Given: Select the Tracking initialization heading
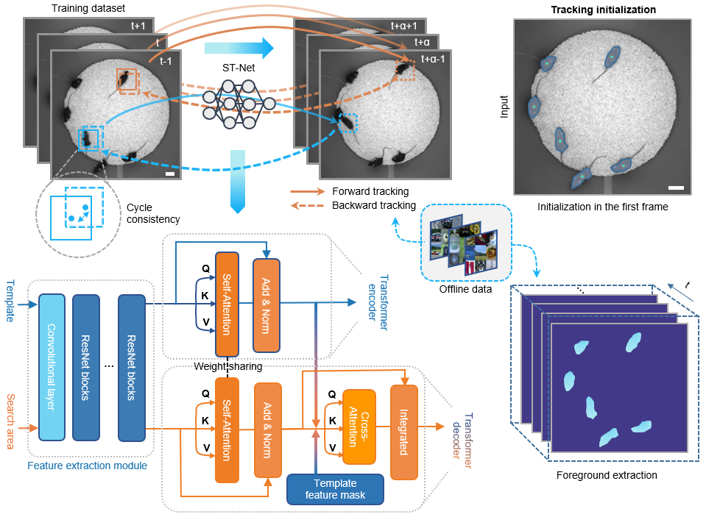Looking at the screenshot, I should [603, 10].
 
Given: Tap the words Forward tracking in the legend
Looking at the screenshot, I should [370, 192].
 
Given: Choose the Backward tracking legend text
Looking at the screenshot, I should [374, 205].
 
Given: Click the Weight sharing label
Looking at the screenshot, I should [229, 366].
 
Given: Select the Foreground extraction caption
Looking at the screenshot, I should [607, 475].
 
